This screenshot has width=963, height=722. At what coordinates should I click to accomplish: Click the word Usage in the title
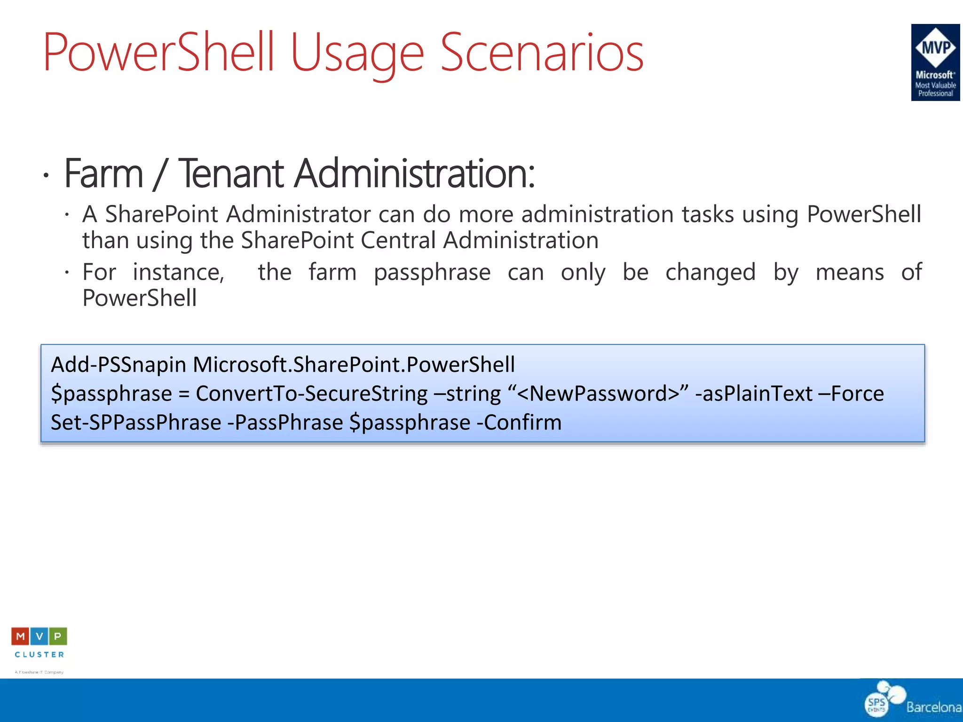357,53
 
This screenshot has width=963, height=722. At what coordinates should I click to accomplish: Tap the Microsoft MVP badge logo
935,62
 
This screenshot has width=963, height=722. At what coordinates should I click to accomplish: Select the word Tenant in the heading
231,173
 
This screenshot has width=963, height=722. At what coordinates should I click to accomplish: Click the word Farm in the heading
104,173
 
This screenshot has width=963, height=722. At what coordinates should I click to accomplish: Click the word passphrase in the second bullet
432,272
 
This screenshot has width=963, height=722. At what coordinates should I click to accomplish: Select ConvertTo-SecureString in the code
311,393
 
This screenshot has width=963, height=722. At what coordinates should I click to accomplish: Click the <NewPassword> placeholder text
598,393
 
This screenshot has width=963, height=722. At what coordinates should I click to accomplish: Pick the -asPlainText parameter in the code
754,393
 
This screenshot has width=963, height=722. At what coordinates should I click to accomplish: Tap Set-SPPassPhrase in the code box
136,422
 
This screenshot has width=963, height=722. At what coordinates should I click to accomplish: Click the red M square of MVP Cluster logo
20,636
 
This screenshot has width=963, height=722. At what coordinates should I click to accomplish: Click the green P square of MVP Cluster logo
58,636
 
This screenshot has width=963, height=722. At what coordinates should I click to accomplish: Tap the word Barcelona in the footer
934,707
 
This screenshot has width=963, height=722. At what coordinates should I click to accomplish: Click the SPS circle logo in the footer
876,704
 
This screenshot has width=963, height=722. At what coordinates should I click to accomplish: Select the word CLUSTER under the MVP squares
39,654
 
